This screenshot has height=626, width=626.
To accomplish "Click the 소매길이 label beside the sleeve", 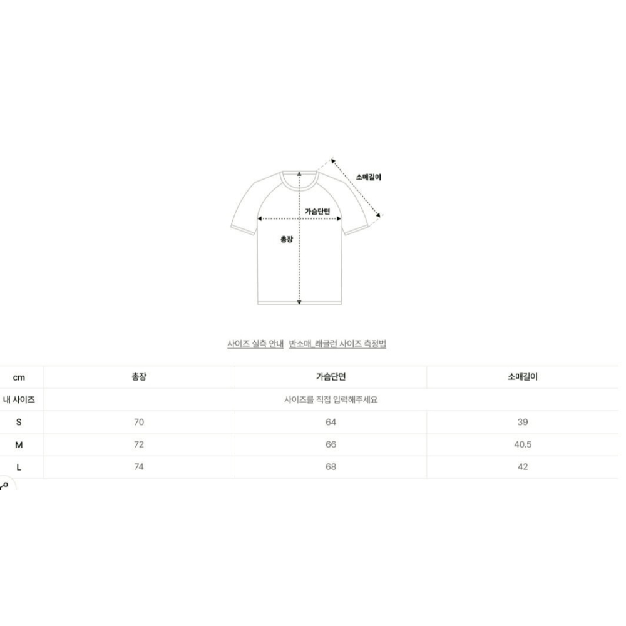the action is [368, 177].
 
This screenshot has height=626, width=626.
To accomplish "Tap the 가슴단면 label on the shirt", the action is [317, 211].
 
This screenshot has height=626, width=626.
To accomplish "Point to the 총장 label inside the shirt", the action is [287, 239].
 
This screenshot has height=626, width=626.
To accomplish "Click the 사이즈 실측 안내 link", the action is [255, 344].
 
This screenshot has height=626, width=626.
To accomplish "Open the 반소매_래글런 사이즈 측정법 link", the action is [337, 344].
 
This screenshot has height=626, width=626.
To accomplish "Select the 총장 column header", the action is [139, 376].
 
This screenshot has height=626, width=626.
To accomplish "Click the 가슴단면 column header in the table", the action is [331, 376].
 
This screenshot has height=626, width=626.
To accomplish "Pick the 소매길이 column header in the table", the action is [523, 376].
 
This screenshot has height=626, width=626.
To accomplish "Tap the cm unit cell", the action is [19, 377].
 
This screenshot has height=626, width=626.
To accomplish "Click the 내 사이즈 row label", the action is [19, 399].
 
